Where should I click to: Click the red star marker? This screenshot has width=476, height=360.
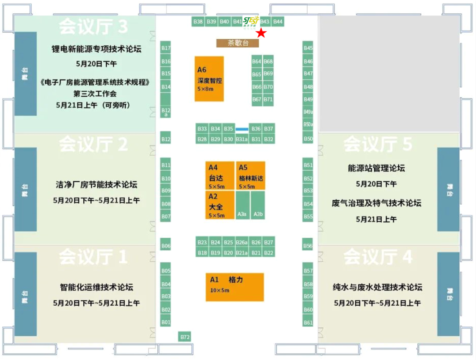(x=261, y=33)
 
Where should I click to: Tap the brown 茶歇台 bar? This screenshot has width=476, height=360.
(x=237, y=43)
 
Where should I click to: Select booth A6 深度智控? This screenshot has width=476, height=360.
(x=209, y=79)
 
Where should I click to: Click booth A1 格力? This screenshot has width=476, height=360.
(x=234, y=287)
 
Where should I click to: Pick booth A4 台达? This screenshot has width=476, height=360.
(x=220, y=176)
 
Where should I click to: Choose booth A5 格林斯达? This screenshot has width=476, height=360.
(x=250, y=176)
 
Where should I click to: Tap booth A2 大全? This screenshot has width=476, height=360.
(x=220, y=205)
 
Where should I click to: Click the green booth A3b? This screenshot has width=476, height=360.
(x=258, y=205)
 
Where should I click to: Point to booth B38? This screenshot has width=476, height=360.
(x=198, y=22)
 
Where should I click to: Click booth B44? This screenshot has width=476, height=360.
(x=278, y=22)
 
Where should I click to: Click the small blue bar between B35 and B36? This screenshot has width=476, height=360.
(x=242, y=129)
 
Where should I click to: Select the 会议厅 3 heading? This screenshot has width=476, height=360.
(x=93, y=26)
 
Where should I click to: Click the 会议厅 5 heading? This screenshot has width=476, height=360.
(x=378, y=144)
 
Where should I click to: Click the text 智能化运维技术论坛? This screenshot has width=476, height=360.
(x=96, y=287)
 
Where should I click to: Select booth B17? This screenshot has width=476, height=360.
(x=166, y=48)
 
